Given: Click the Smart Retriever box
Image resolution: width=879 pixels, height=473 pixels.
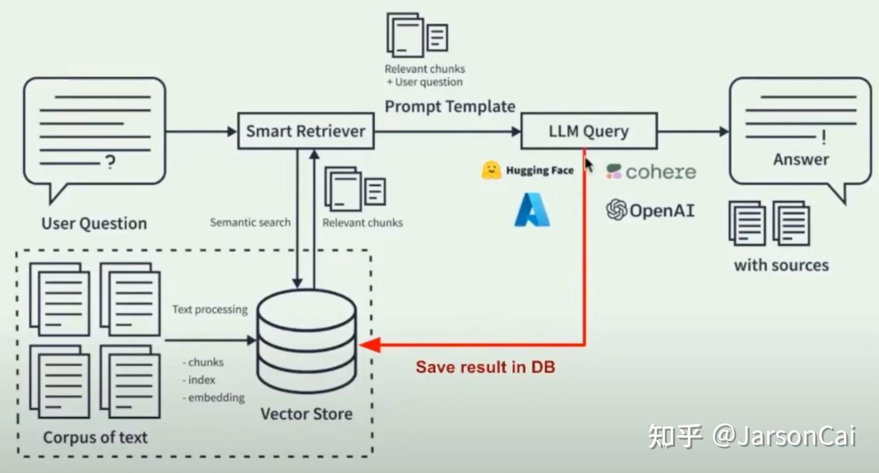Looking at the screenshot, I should [x=305, y=131].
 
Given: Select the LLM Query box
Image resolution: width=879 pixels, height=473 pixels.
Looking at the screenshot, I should [x=588, y=131].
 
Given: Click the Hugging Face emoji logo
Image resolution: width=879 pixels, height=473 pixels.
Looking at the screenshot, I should [x=491, y=170].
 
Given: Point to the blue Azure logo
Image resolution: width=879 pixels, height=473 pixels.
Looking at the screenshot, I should [x=532, y=210].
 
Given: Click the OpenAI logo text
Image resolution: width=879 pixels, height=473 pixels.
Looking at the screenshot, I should [x=662, y=211].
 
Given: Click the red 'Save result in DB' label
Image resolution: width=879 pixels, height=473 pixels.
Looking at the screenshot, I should [x=485, y=367].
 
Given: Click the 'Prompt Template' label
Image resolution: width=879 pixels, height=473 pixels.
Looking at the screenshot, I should [x=450, y=106].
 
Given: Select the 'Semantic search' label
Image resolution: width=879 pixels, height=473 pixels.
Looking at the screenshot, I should [x=250, y=222].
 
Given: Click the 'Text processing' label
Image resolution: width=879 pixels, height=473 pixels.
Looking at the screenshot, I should [x=209, y=309].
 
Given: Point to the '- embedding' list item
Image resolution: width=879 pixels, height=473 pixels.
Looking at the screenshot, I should [x=214, y=397].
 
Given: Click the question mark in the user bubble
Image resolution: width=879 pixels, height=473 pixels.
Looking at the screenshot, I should [x=110, y=162].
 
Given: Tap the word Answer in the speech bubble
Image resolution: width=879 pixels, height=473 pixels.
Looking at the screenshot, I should [x=801, y=159].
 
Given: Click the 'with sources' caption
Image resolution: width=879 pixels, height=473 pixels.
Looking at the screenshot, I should [x=781, y=265].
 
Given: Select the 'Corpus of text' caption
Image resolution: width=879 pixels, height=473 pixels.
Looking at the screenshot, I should [x=95, y=437].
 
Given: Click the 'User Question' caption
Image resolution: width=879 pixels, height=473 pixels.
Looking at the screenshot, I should [x=94, y=223].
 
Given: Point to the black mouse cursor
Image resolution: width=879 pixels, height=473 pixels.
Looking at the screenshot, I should [x=588, y=165].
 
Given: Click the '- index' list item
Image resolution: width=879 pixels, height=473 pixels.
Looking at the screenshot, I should [x=199, y=380].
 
